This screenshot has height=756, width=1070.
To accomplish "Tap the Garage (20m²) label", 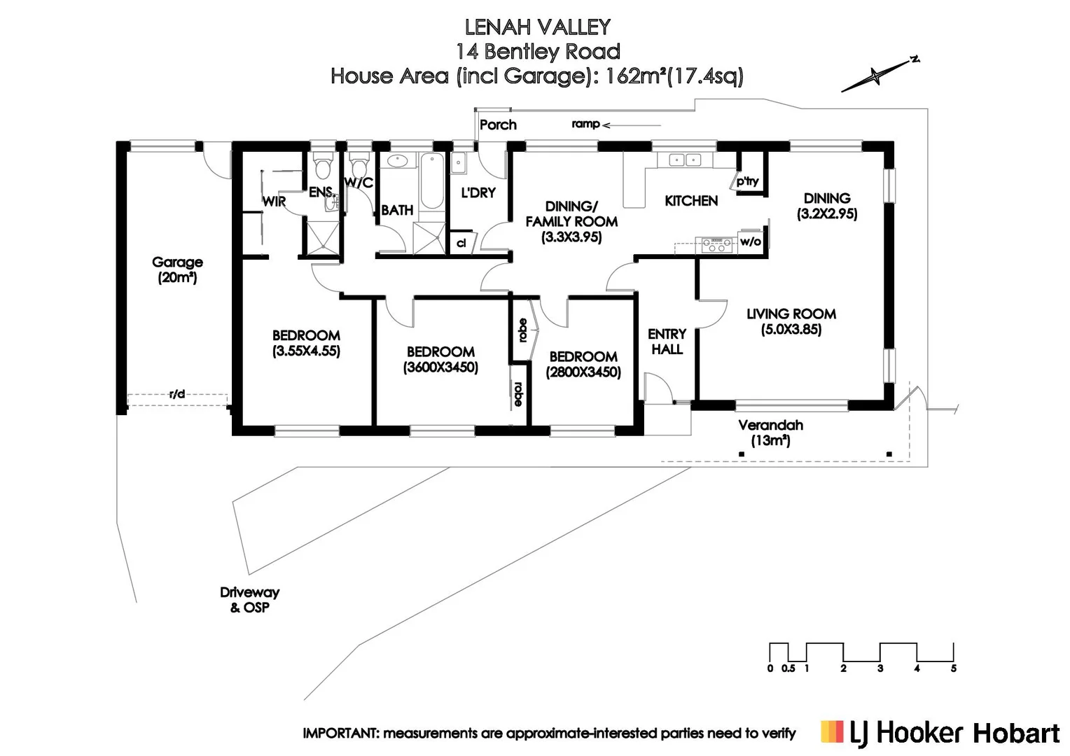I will pos(177,269).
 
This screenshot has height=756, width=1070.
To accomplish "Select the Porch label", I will pos(498,125).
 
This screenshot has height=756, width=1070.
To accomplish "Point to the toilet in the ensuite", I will pos(323,168).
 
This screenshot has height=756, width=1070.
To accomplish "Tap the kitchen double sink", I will pos(684,160).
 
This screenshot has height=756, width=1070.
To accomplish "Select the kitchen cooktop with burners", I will pos(716,244).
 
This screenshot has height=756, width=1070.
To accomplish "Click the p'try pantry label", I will pos(747,181).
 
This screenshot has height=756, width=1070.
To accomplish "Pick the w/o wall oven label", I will pos(750,242).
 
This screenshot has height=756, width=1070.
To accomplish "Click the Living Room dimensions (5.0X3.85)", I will pos(791,330).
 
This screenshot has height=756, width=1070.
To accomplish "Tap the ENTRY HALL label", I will pos(667,342).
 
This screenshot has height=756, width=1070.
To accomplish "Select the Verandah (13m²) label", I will pos(770,433).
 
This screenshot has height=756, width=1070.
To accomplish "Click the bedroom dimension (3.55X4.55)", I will pos(306,351).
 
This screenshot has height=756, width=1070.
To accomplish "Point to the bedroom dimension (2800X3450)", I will pos(583,372).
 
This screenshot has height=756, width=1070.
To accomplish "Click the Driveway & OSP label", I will pos(249,600).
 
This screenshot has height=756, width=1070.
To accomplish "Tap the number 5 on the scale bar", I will pos(953,668).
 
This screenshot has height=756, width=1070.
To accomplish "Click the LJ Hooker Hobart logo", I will pos(940,733).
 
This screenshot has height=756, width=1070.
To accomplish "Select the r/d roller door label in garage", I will pos(177,394).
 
